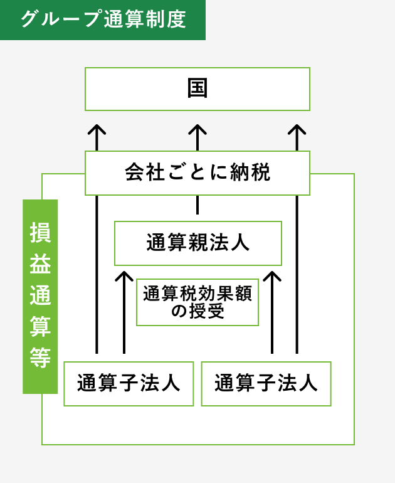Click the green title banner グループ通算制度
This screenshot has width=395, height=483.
[103, 19]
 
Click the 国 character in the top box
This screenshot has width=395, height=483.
[197, 88]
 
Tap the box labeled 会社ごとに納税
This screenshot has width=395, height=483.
[197, 172]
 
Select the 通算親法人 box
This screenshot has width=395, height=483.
[197, 243]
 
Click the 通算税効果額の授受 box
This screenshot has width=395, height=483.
[197, 302]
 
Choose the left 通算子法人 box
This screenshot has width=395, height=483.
[129, 383]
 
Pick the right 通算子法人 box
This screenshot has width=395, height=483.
[266, 383]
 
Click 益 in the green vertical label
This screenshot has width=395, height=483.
[40, 263]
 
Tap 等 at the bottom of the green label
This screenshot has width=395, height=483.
[40, 357]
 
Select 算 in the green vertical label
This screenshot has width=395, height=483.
[40, 326]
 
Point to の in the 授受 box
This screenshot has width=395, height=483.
[179, 312]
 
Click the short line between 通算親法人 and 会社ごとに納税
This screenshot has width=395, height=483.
[197, 205]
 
